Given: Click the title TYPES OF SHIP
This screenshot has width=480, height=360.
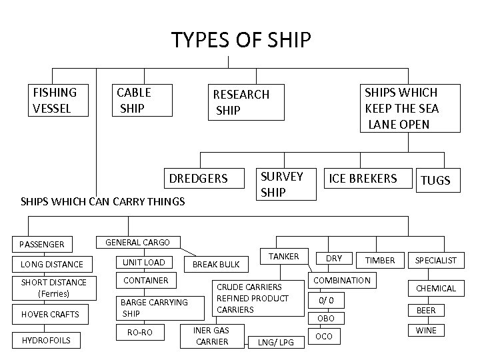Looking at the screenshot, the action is [x=241, y=40].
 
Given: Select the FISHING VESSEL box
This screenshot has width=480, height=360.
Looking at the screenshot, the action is [x=59, y=101].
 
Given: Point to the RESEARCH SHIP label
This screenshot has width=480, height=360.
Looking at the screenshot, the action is [x=241, y=102].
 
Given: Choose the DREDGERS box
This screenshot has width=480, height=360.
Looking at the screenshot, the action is [x=198, y=179].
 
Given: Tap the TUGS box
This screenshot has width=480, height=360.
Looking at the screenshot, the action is [x=435, y=180].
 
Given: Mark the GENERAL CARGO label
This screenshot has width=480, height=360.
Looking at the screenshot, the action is [x=138, y=243].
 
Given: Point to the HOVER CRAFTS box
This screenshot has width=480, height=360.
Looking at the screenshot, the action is [x=50, y=314].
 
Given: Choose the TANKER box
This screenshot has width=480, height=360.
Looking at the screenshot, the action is [x=283, y=257].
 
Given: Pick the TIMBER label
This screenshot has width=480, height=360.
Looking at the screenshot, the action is [x=380, y=260].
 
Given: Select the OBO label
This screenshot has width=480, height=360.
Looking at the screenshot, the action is [x=325, y=319].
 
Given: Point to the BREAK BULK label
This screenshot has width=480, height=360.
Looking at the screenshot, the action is [x=216, y=265].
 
